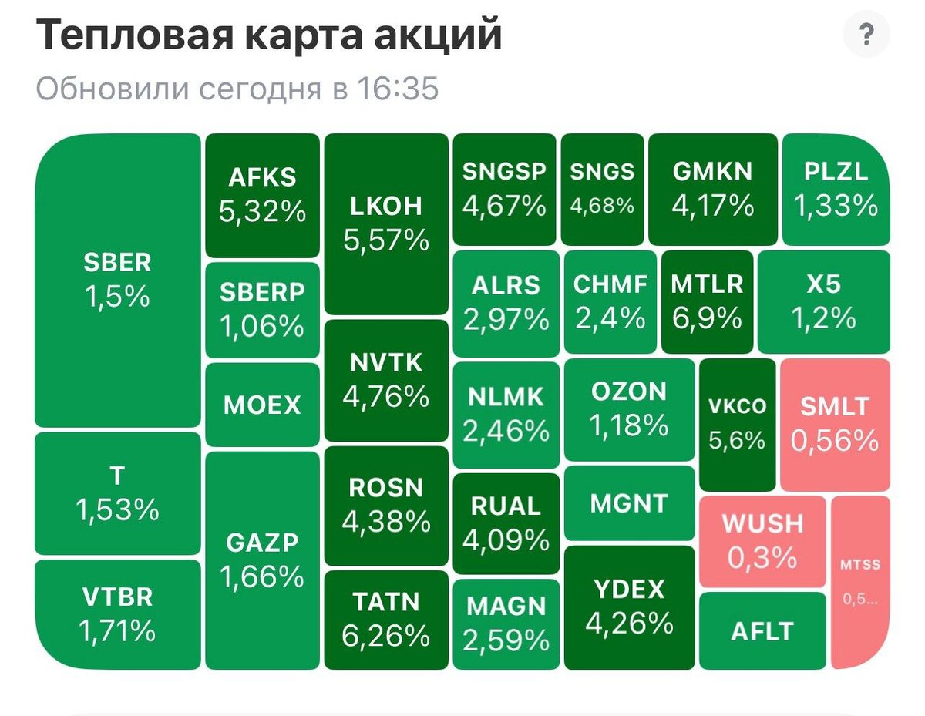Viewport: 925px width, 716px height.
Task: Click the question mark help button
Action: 866,34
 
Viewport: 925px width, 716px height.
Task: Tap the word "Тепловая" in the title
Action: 136,35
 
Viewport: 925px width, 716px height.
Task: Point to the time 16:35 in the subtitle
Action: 398,89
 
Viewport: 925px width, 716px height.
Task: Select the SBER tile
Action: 117,281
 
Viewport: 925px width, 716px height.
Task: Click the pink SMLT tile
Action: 835,425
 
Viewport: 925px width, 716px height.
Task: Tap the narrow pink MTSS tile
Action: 860,582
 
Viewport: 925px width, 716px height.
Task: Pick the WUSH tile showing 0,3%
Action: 762,541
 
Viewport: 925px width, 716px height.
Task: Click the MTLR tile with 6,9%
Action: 707,301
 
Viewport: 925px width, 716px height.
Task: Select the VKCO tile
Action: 737,425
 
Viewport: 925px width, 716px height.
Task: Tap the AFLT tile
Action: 762,630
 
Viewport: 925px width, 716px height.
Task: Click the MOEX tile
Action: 262,405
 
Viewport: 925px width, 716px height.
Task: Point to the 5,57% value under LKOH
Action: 386,240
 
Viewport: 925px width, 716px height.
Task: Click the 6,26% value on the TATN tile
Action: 385,636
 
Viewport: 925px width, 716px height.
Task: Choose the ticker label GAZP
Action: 262,543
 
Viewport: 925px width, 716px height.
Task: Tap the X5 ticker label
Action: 824,284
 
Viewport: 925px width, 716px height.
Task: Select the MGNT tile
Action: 629,503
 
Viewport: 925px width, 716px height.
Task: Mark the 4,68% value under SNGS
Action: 602,206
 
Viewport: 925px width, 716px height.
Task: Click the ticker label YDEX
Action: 629,590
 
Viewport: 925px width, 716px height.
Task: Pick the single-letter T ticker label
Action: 117,476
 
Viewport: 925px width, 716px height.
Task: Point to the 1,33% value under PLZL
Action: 836,206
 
